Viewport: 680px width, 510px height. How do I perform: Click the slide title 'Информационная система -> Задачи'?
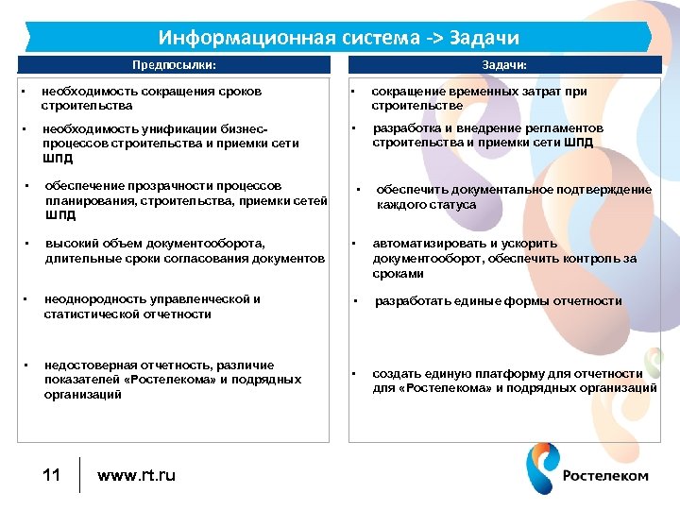click(x=339, y=38)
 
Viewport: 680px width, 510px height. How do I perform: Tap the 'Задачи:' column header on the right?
click(x=504, y=65)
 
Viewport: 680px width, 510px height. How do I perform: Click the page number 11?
click(x=52, y=474)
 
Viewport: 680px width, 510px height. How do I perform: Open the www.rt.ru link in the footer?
click(x=136, y=475)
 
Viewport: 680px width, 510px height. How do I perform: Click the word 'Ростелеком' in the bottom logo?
click(x=605, y=475)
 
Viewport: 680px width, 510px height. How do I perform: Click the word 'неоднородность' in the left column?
click(x=89, y=299)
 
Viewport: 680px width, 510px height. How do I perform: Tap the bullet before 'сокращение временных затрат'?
click(x=351, y=93)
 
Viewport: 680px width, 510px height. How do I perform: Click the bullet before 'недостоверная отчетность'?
click(x=26, y=365)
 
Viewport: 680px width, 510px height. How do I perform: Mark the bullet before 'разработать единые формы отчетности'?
click(x=355, y=302)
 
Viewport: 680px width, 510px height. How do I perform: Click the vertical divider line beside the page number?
click(x=79, y=474)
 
